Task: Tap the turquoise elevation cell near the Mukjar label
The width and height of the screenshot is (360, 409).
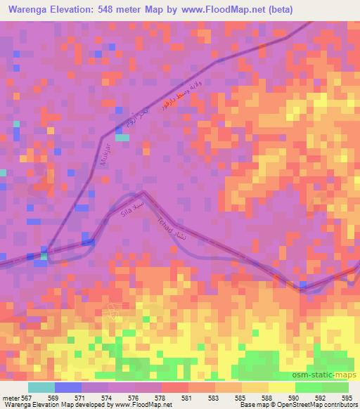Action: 122,137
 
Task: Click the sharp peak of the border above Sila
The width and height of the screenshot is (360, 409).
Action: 143,190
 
